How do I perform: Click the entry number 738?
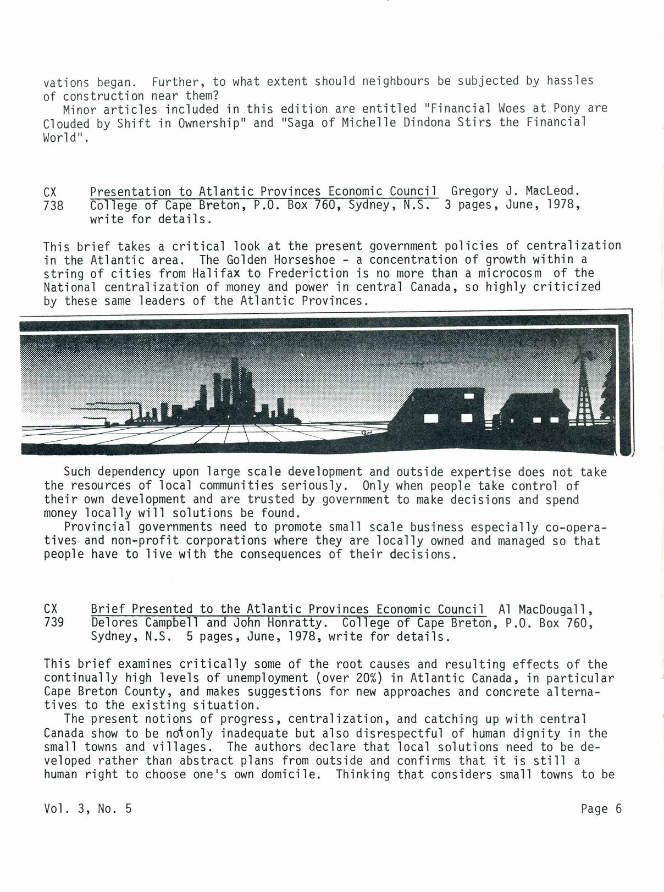pos(53,206)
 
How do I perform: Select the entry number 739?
pos(53,623)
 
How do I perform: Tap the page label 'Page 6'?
pos(601,808)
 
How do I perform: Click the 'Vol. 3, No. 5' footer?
pos(87,808)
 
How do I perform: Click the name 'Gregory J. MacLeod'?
pos(515,191)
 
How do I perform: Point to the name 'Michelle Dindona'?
pos(389,122)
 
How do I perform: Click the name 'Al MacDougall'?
pos(545,609)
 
